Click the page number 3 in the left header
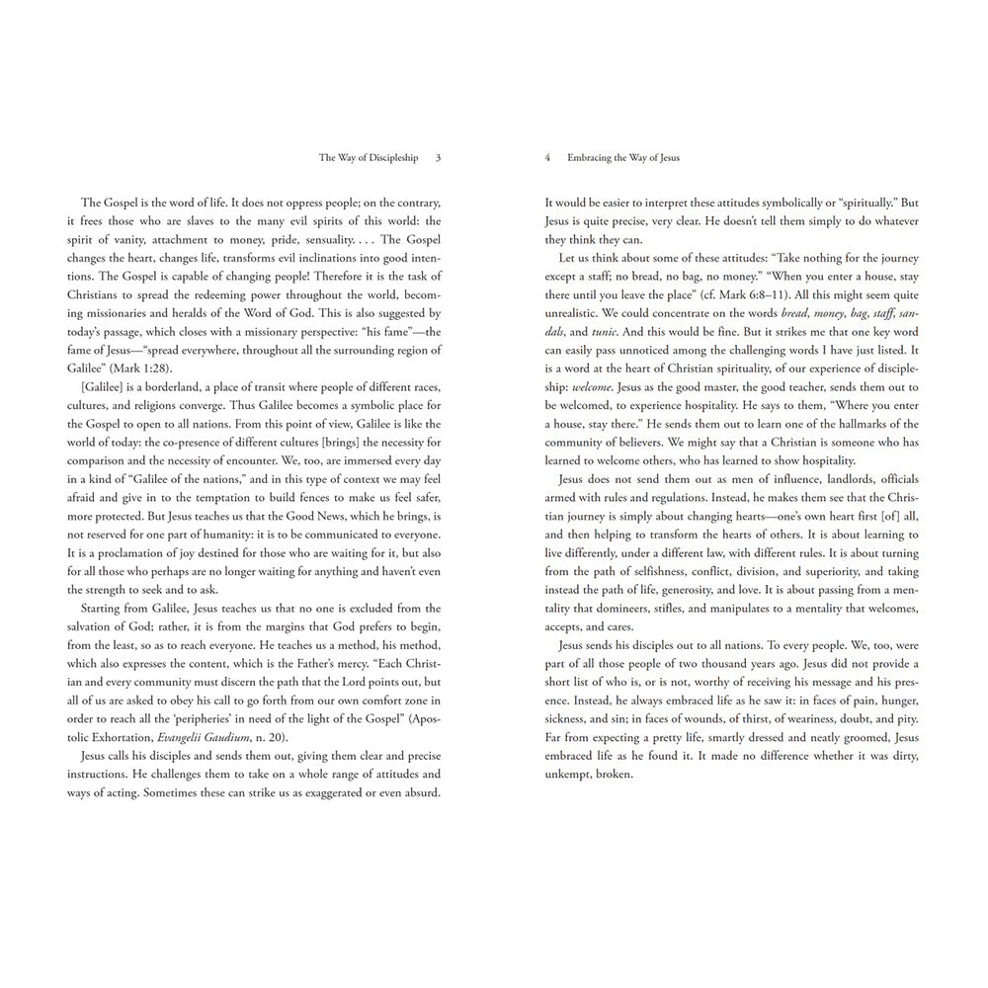pos(438,157)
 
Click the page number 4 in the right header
pos(547,157)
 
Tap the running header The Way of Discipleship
pos(369,157)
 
